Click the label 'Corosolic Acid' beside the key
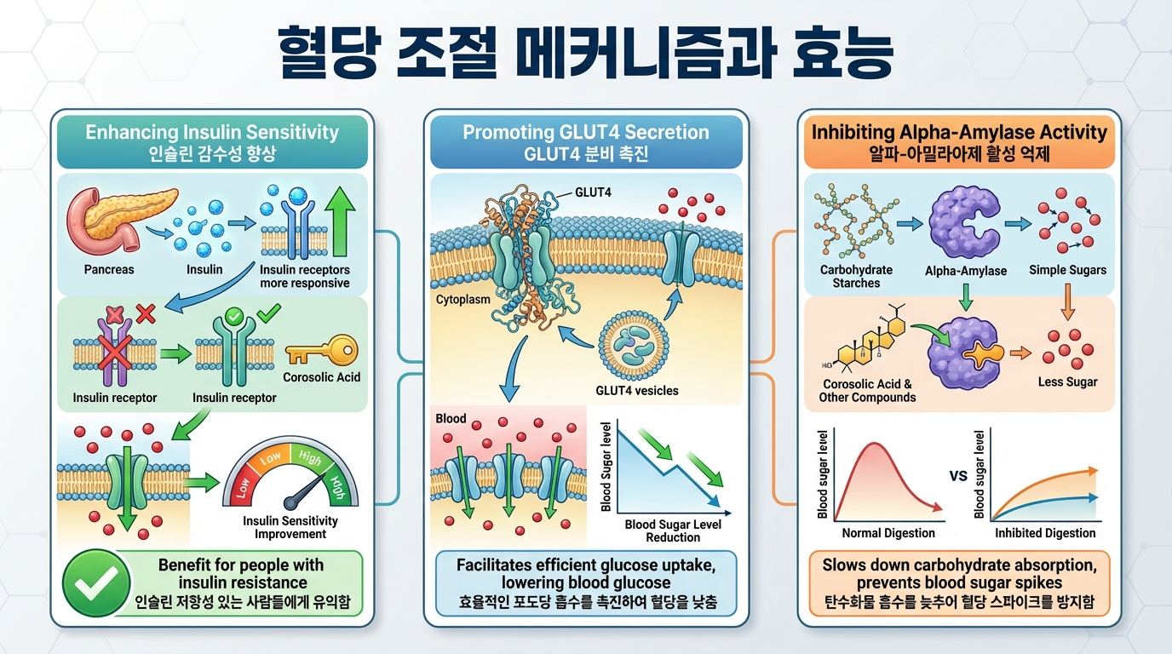point(323,377)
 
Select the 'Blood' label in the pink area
point(451,418)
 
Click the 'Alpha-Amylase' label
point(966,271)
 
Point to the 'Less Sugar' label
point(1067,381)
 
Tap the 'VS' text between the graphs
point(958,476)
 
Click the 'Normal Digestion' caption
point(888,533)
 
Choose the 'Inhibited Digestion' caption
point(1045,533)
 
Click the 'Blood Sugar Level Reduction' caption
point(673,531)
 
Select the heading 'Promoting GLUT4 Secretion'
point(585,132)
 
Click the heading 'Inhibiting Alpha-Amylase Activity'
point(959,132)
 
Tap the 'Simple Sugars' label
point(1067,270)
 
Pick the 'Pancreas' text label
point(109,269)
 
